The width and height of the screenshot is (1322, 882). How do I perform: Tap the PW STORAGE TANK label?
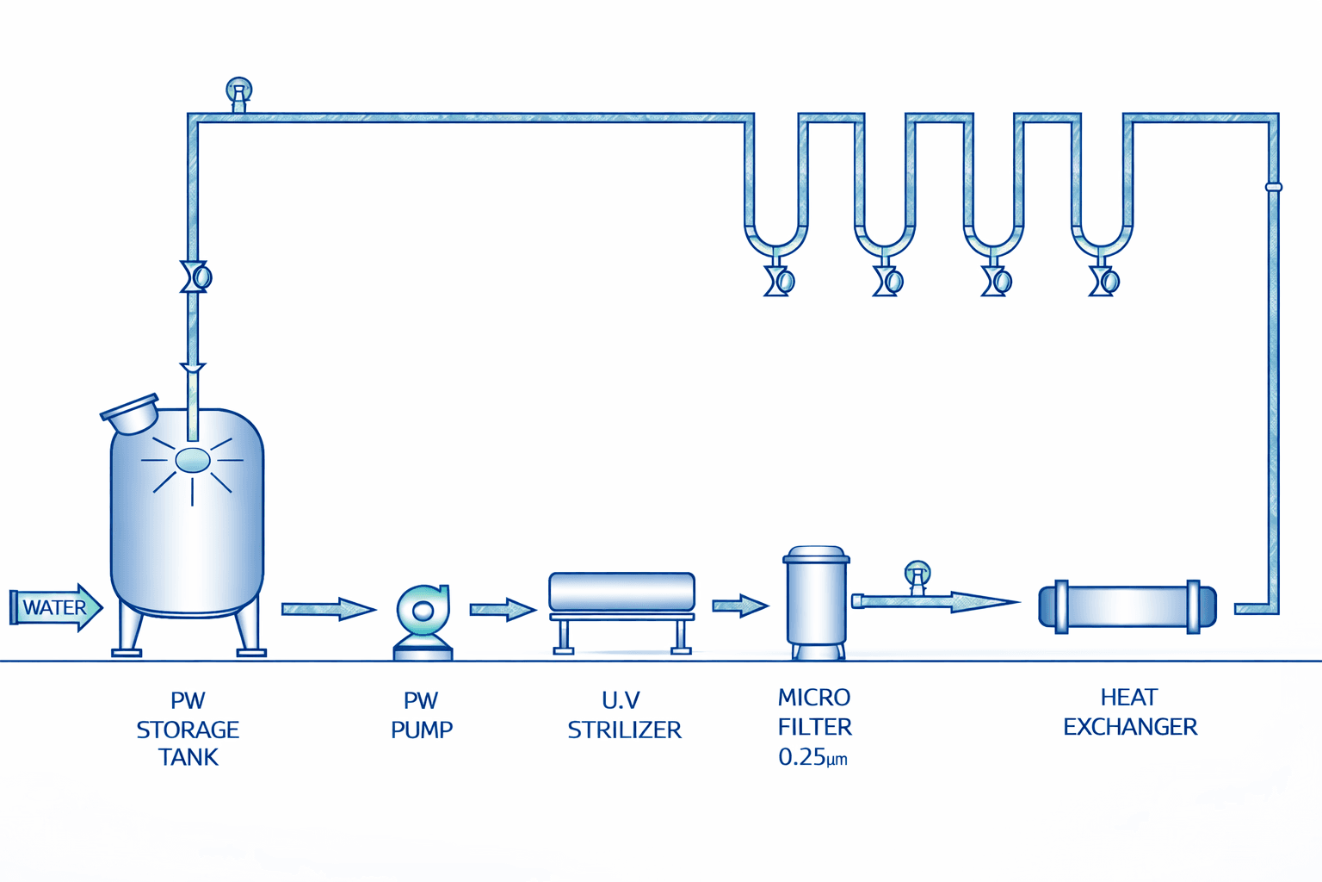coord(188,729)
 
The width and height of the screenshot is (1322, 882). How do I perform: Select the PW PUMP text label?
coord(422,715)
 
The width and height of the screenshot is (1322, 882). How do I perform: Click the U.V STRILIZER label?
coord(624,715)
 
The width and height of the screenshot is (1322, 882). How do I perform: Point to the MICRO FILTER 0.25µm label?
coord(814,727)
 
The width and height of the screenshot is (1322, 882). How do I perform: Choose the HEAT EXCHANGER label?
coord(1130,712)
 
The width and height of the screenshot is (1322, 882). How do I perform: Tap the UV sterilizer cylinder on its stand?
coord(621,593)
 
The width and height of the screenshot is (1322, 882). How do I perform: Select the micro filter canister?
coord(816,599)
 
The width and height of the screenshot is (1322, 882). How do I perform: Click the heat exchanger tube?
coord(1127,606)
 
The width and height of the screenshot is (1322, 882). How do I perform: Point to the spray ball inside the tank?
coord(192,461)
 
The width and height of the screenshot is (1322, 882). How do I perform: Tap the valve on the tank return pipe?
coord(196,277)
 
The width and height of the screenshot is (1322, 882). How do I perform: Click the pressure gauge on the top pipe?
coord(239,91)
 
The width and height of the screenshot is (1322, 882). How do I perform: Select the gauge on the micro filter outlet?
coord(917,574)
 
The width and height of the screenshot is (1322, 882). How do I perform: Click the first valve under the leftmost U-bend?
coord(780,281)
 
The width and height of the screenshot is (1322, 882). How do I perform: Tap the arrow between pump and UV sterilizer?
coord(503,610)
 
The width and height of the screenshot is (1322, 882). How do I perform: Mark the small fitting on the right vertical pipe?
coord(1274,187)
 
